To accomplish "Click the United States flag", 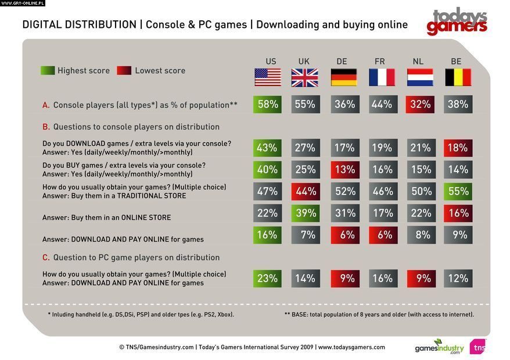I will [x=267, y=77].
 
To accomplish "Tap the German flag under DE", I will [x=344, y=77].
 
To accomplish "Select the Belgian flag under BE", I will [x=458, y=77].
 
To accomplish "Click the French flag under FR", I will [x=382, y=77].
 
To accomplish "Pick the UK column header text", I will [x=304, y=61].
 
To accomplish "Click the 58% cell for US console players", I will [x=267, y=105].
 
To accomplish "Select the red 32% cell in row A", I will [x=420, y=105].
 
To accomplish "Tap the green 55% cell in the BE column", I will [x=458, y=191].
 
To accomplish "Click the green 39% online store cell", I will [x=305, y=213].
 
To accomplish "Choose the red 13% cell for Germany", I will [x=344, y=170].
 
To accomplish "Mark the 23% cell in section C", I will [x=267, y=278].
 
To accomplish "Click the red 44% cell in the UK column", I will [x=305, y=191].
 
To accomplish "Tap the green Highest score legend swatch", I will [x=47, y=70].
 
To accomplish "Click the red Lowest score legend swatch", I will [x=124, y=70].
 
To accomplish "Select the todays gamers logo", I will [x=457, y=21].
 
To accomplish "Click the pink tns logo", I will [x=477, y=347].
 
